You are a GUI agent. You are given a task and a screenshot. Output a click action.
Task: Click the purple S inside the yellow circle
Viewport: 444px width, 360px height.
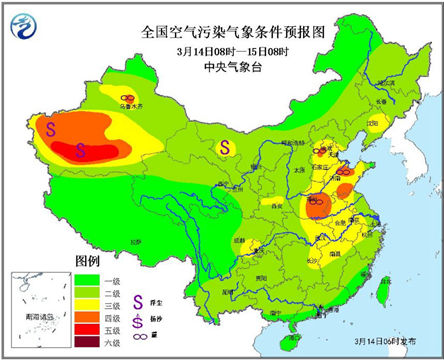[x=225, y=147]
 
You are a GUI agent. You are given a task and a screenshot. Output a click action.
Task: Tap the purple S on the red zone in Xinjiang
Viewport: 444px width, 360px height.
[x=82, y=150]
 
